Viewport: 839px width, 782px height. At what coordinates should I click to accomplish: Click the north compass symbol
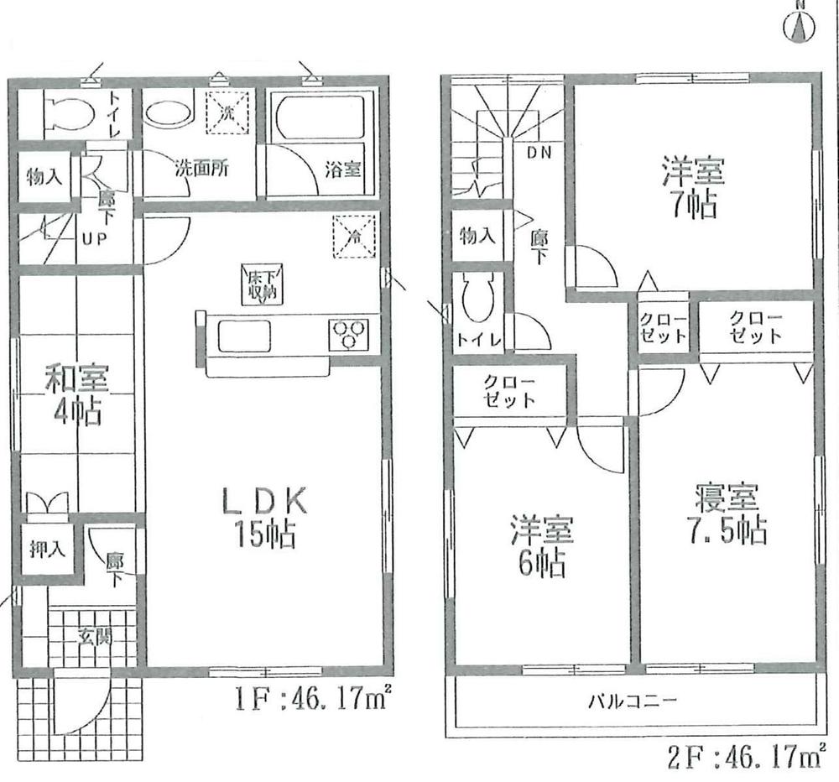[x=800, y=26]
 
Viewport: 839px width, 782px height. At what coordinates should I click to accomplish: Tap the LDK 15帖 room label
[x=265, y=518]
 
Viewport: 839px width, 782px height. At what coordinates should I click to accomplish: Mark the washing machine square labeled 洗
[x=229, y=112]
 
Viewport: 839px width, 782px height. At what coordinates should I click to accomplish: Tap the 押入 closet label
[x=44, y=550]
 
